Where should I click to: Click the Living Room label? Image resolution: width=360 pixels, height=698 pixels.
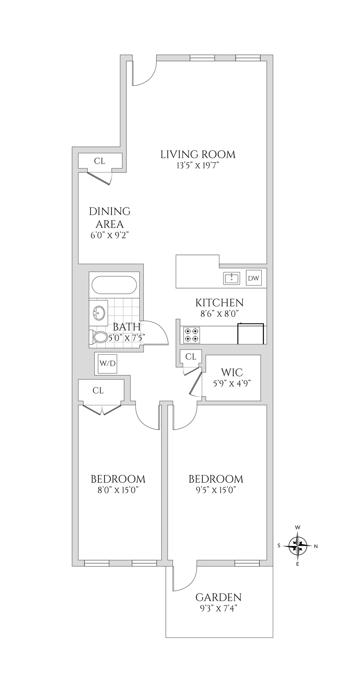[198, 155]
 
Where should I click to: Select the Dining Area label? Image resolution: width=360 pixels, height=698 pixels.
[109, 218]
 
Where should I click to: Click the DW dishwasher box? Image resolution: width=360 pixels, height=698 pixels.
[253, 278]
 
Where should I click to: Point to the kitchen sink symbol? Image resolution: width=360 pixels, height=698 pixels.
[232, 278]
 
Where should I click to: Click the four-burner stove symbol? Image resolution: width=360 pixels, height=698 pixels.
[191, 335]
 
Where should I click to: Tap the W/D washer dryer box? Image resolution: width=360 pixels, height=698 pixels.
[107, 364]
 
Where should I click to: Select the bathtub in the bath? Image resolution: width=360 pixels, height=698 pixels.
[114, 285]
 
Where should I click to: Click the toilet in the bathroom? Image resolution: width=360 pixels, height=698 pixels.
[100, 337]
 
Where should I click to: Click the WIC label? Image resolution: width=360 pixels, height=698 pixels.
[232, 373]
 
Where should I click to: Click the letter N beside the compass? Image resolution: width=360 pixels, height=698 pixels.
[316, 547]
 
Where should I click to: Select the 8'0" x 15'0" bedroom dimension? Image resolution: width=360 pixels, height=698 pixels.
[118, 490]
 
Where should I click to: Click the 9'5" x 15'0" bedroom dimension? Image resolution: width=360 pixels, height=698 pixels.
[216, 490]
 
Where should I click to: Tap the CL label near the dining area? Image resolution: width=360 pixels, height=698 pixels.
[100, 161]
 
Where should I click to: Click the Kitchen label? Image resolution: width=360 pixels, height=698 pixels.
[219, 303]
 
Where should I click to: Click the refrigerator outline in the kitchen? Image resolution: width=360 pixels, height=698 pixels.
[250, 334]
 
